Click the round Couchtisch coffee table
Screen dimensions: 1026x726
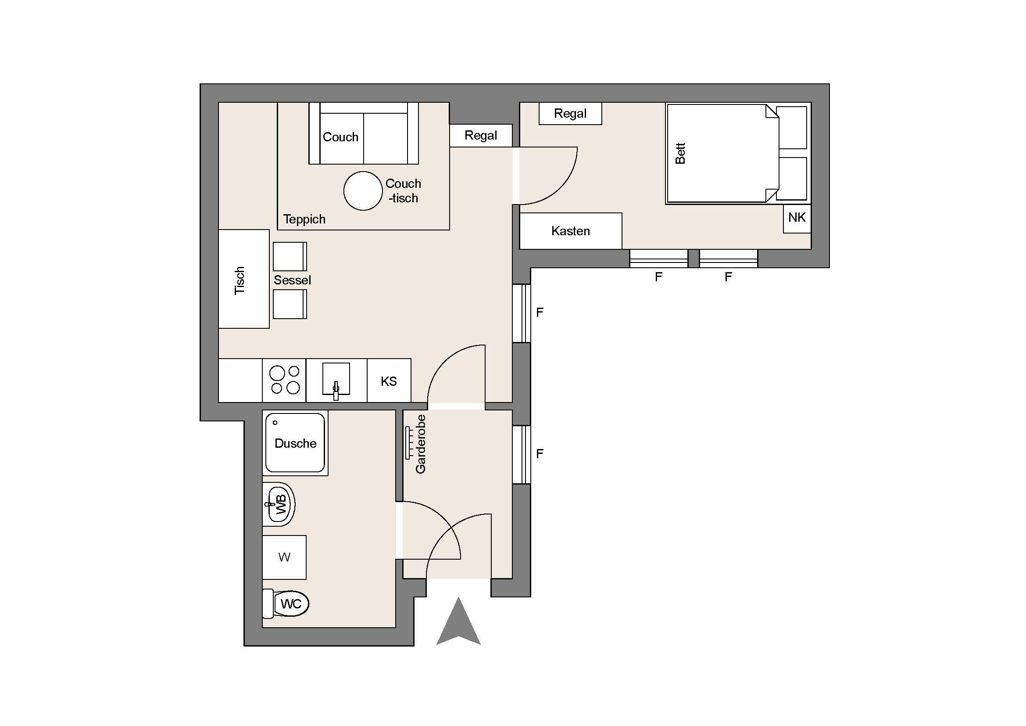pos(363,191)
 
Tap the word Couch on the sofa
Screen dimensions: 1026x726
pos(340,137)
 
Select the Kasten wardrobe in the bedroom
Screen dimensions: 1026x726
pos(571,231)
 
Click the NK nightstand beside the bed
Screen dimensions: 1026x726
pos(797,219)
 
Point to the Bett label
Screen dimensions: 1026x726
pos(680,153)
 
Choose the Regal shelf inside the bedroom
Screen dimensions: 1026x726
pos(570,114)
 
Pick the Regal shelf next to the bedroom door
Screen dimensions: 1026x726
pos(481,136)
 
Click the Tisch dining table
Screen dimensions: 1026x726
pos(244,279)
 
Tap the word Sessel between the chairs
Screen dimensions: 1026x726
pos(292,280)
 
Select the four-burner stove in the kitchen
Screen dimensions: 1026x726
pos(284,380)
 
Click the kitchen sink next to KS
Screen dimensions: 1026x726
pos(336,380)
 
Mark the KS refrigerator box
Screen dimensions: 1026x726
pos(389,381)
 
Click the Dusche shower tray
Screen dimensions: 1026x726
pos(295,443)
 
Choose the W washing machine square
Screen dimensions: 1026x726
pos(284,557)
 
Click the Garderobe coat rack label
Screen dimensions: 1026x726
pos(421,444)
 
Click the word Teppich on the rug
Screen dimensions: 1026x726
pos(304,219)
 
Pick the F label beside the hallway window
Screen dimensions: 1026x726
pos(540,454)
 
